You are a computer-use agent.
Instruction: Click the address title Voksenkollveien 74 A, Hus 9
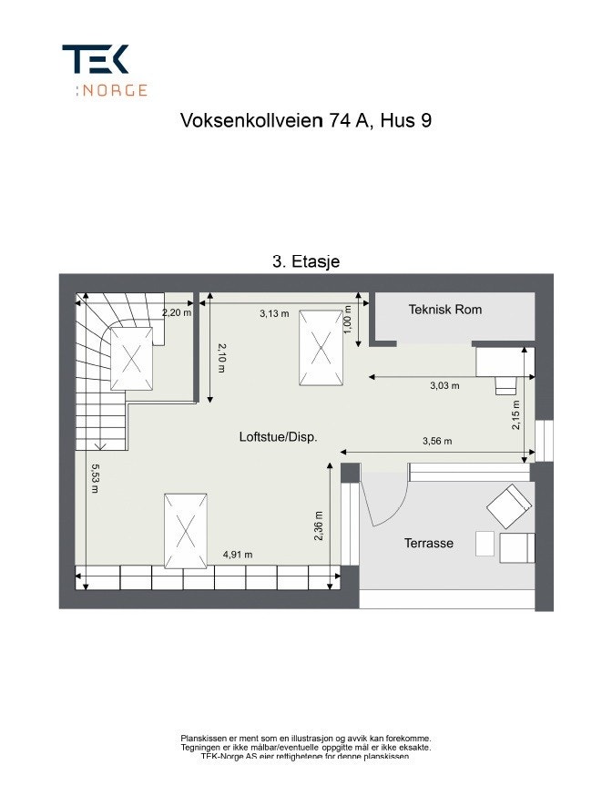305,121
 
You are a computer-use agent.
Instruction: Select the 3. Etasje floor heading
306,261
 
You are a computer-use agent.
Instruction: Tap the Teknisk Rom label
445,310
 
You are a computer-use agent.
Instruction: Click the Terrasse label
428,544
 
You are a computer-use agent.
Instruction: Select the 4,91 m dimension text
238,555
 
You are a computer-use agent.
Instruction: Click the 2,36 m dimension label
318,525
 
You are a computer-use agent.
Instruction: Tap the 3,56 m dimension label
437,442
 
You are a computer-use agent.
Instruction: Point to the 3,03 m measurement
444,385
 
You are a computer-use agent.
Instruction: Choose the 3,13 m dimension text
274,314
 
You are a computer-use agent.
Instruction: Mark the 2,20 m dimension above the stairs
177,312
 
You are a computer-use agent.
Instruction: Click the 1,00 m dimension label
347,321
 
